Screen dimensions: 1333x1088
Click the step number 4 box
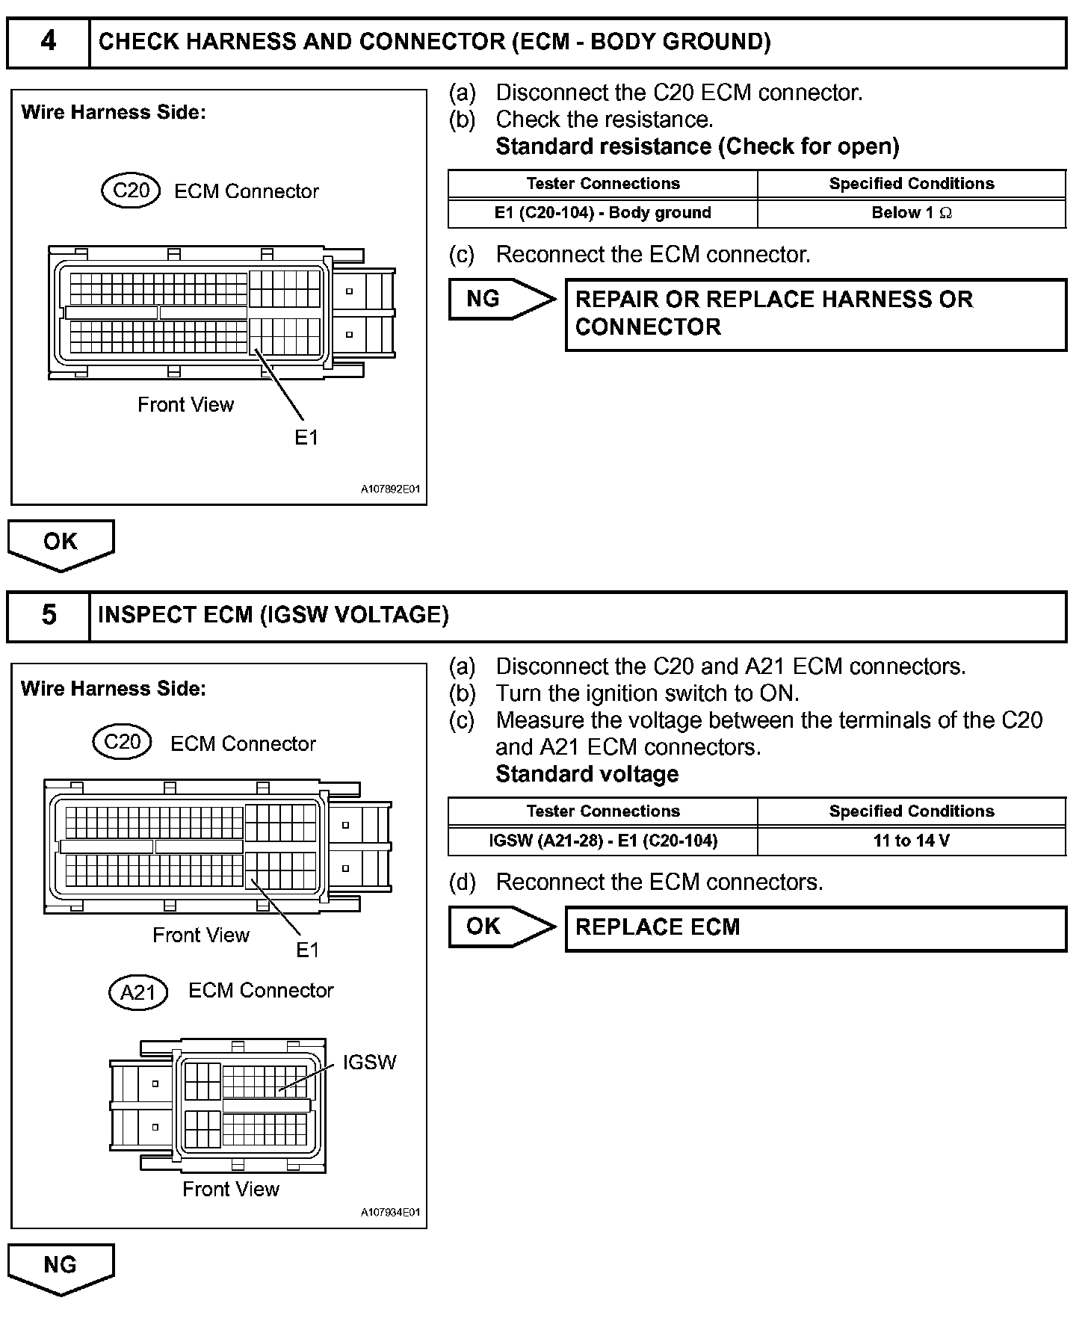click(49, 42)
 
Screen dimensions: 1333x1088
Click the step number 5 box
click(49, 616)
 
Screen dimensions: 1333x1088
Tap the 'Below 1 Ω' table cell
click(912, 213)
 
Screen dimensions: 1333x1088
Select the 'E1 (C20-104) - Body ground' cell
click(602, 213)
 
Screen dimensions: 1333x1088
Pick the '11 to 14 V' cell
click(912, 841)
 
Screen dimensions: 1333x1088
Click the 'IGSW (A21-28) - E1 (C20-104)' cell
click(602, 841)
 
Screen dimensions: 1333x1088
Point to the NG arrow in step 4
click(501, 299)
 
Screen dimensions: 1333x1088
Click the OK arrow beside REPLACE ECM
click(501, 927)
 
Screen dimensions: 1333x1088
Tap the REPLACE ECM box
click(816, 928)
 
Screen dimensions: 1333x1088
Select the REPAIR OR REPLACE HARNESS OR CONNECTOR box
click(816, 314)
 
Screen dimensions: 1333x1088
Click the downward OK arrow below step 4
click(61, 544)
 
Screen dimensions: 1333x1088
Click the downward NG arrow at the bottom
click(61, 1267)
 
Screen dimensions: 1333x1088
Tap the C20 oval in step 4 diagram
click(131, 191)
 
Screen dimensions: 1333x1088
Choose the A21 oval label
click(137, 992)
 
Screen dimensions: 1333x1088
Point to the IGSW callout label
click(369, 1063)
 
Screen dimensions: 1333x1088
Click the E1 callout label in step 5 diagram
click(307, 950)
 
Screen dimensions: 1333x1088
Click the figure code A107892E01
click(390, 489)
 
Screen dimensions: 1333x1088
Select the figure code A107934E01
click(390, 1213)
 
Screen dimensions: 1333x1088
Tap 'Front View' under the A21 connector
click(231, 1190)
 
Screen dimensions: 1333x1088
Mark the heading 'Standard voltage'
click(587, 774)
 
